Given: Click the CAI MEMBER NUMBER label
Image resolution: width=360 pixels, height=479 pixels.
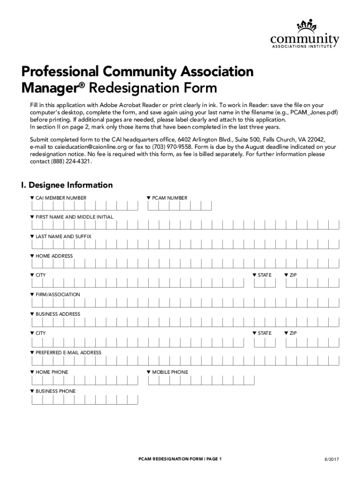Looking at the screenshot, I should tap(61, 198).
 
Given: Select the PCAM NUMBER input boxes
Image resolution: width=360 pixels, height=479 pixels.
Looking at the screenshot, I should tap(180, 206).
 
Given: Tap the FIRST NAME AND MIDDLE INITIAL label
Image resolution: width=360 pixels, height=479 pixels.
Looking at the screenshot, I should tap(68, 217).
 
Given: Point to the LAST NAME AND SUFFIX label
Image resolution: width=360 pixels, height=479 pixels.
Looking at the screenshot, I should tap(63, 237).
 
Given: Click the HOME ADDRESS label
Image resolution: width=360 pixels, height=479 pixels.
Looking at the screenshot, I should tap(54, 256).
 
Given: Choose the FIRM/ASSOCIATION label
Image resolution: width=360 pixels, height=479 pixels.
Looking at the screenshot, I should tap(58, 295).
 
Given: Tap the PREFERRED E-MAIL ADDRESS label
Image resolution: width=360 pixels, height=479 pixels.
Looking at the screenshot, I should tap(68, 352).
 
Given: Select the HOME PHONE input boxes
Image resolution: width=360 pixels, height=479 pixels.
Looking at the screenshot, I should tap(85, 380).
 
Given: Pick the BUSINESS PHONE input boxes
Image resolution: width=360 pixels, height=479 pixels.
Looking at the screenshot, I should tap(85, 399).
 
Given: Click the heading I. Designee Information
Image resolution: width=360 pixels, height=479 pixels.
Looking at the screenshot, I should tap(67, 185).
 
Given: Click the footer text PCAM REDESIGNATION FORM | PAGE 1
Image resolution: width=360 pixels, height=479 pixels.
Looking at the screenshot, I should tap(180, 459).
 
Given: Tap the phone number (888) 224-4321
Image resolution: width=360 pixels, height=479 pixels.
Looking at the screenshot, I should tap(72, 161).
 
